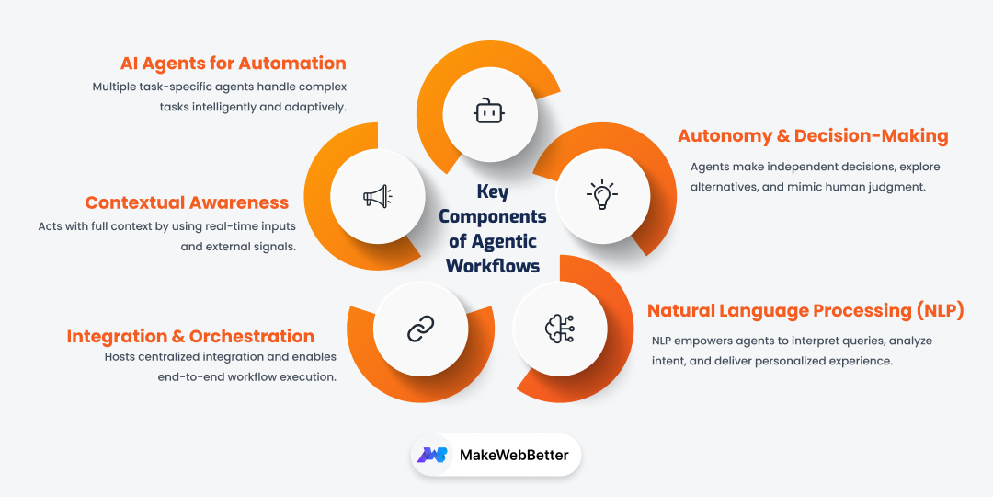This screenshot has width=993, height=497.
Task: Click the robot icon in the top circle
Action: point(488,113)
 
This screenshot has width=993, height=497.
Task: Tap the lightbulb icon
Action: point(602,194)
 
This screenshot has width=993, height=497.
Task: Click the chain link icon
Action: point(420,327)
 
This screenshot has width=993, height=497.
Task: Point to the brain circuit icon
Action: point(559,328)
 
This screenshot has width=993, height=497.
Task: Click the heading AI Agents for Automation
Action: point(234,64)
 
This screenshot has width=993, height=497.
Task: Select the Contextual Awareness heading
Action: point(187,202)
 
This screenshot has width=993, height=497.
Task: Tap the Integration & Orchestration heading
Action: point(190,337)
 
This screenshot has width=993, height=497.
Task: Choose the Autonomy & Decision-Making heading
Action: point(813,136)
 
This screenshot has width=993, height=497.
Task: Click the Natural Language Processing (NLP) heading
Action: point(805,311)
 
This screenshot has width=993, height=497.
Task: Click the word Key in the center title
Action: point(492,192)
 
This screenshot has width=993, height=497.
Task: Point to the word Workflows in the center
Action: point(492,266)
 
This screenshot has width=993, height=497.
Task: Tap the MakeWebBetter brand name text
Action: point(514,455)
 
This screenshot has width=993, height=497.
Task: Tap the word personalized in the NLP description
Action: point(767,361)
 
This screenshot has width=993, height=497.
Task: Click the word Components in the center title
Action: point(492,217)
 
